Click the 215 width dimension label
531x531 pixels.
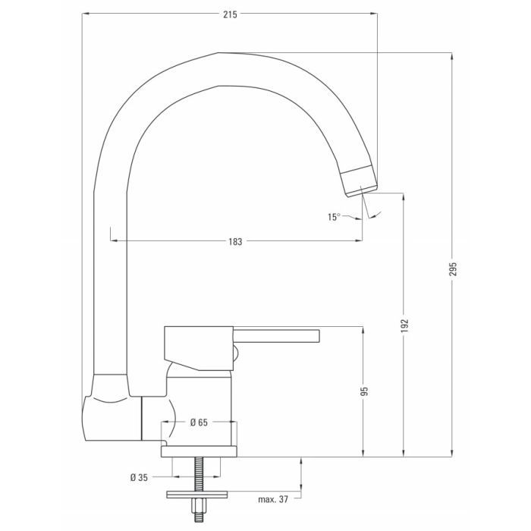(230, 14)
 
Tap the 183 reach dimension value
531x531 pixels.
(234, 242)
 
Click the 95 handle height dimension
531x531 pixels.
(365, 391)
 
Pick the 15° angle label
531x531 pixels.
(334, 217)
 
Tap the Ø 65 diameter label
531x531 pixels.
(199, 422)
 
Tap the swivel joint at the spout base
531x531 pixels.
(110, 408)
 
